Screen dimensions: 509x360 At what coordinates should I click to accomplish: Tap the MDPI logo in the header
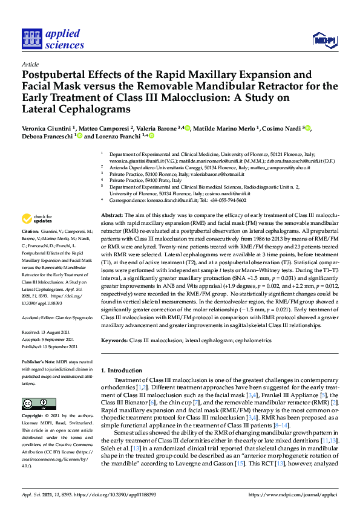pyautogui.click(x=324, y=40)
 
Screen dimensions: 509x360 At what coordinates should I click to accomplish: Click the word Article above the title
pyautogui.click(x=30, y=65)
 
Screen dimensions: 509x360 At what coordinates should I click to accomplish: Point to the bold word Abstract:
pyautogui.click(x=111, y=215)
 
